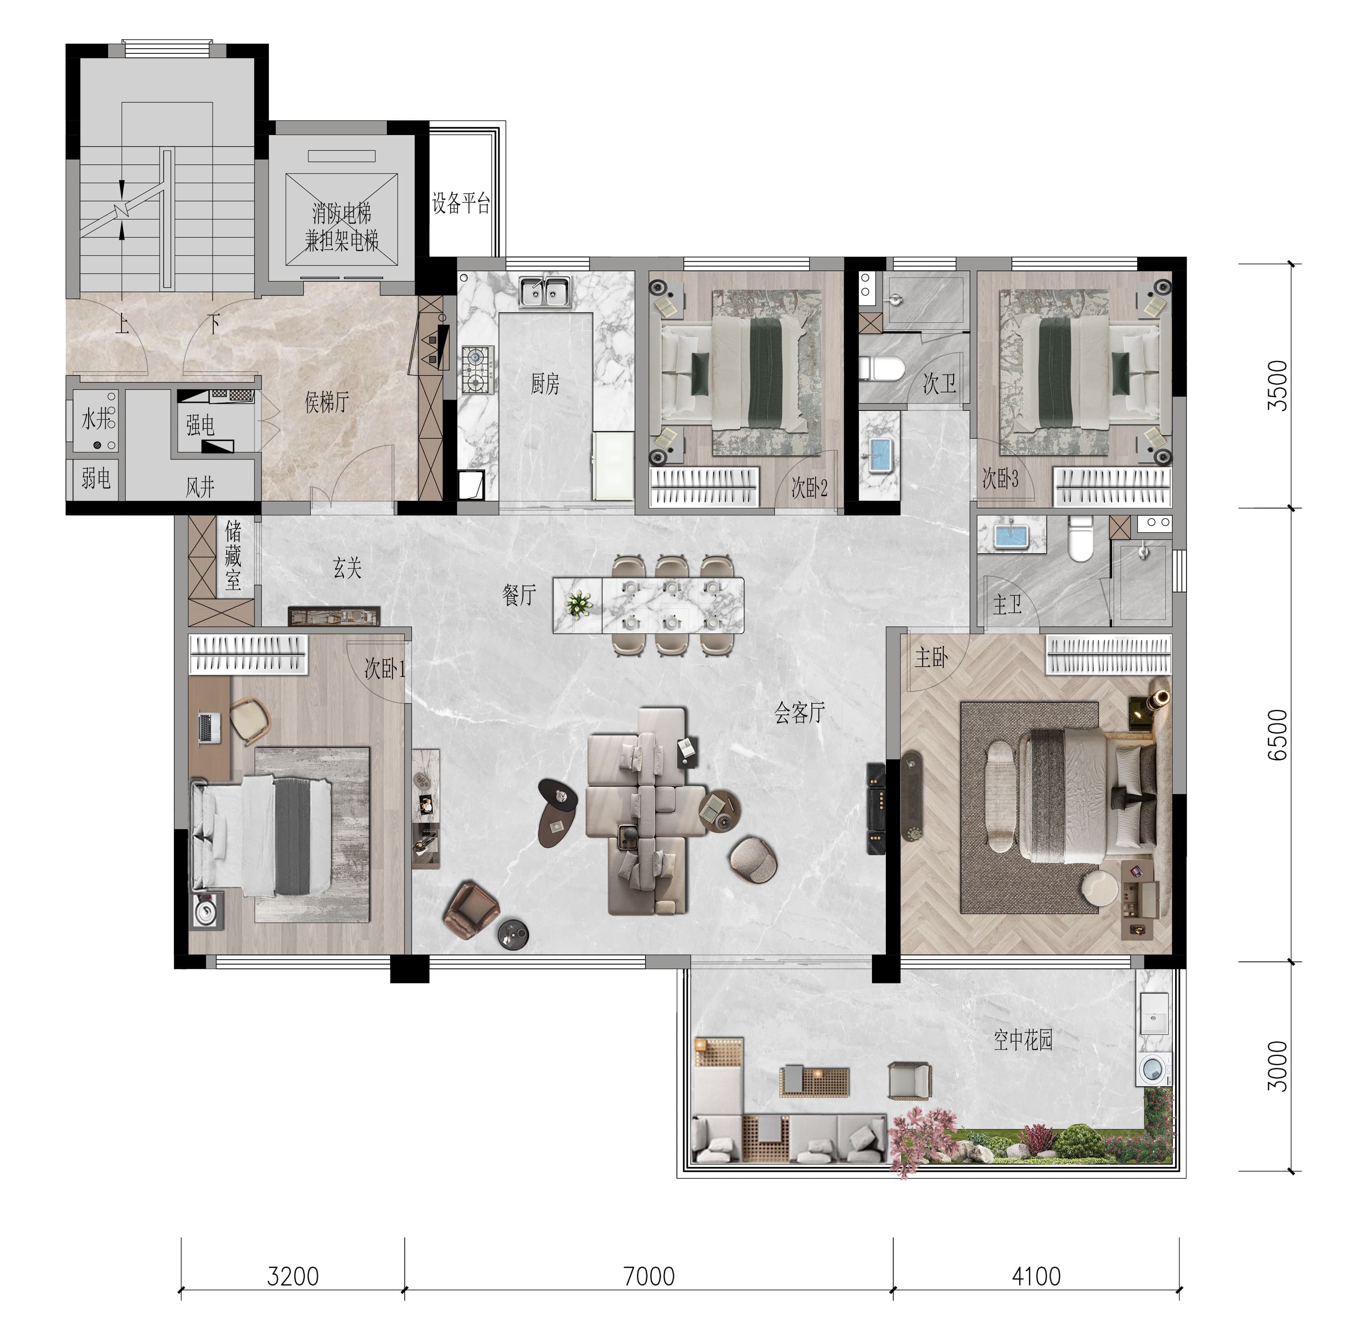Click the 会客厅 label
(799, 713)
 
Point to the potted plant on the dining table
(579, 604)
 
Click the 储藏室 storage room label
(233, 556)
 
